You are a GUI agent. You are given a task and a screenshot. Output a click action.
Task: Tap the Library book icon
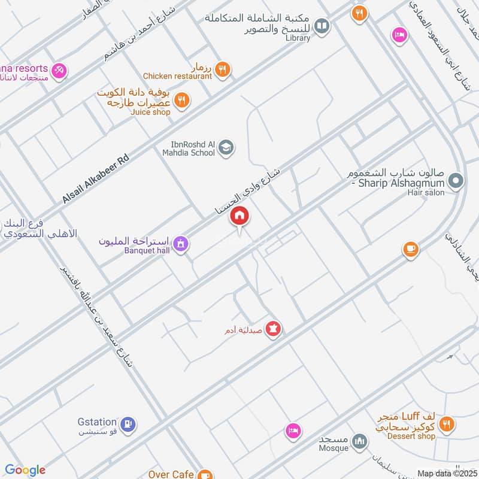click(322, 26)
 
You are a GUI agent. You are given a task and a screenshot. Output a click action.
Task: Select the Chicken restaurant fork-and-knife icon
click(222, 69)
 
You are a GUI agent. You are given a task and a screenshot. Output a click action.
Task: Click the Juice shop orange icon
click(182, 99)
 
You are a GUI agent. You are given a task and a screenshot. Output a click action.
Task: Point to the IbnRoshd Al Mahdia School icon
click(226, 147)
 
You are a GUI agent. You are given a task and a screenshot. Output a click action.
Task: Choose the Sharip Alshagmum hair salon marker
click(456, 180)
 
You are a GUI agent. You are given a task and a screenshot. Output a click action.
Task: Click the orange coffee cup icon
click(410, 249)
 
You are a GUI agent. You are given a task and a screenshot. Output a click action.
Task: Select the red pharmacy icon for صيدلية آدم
click(273, 329)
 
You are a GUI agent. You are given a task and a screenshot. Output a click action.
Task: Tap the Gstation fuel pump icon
click(128, 425)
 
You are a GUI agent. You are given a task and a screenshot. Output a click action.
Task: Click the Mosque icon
click(359, 441)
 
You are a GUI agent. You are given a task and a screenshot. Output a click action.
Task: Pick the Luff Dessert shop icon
click(445, 425)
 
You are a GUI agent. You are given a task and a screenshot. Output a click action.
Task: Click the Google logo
click(25, 470)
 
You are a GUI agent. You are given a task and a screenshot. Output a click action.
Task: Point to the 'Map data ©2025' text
click(446, 473)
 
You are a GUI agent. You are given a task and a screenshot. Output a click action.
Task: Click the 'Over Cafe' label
click(171, 474)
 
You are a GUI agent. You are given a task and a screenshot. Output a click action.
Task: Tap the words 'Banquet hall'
click(147, 250)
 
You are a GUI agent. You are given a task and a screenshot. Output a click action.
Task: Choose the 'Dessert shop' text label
click(410, 436)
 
